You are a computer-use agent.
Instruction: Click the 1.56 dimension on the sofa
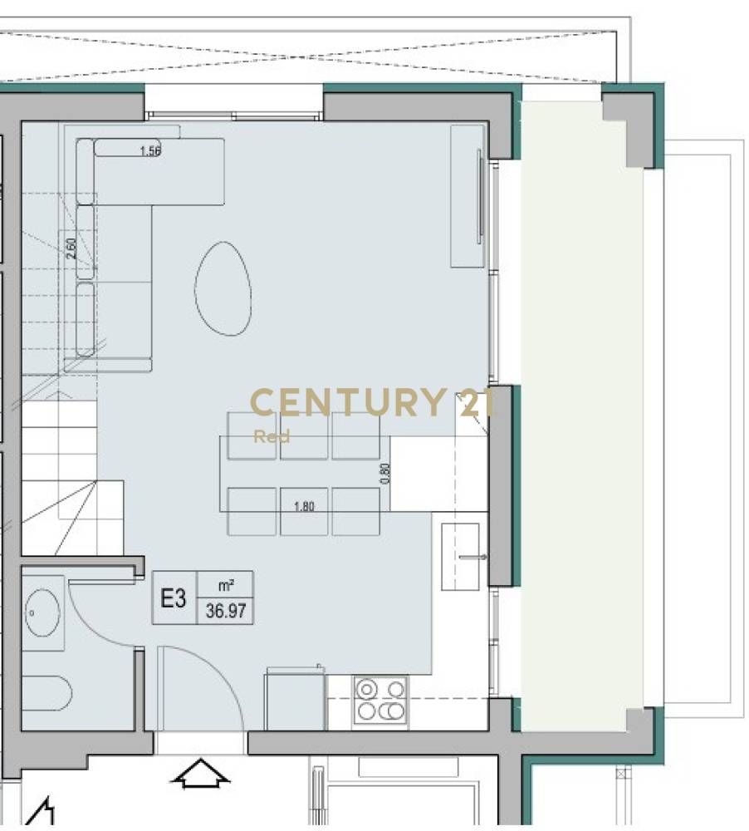tap(150, 151)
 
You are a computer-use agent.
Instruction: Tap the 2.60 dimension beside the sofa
tap(71, 248)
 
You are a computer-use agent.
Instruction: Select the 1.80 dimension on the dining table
tap(304, 506)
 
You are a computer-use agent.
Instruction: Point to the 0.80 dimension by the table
tap(385, 474)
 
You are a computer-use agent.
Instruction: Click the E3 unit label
tap(174, 599)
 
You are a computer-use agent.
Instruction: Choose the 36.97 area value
tap(226, 611)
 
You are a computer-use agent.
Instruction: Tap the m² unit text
tap(226, 585)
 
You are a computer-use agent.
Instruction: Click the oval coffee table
tap(223, 288)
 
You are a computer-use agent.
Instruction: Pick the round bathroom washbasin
tap(43, 612)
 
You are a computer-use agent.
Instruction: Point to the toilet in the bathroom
tap(46, 694)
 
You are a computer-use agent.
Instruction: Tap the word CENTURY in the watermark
tap(347, 402)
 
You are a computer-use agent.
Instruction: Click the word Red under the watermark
tap(272, 436)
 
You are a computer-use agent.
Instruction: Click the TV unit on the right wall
tap(468, 196)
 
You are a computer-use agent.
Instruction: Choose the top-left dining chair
tap(252, 435)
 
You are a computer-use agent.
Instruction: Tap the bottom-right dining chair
tap(356, 511)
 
